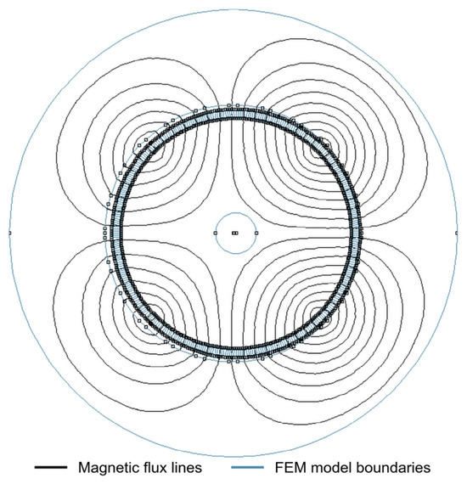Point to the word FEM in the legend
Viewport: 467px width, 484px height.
tap(290, 468)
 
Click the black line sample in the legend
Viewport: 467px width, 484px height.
tap(51, 467)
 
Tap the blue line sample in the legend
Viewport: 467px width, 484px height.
tap(248, 467)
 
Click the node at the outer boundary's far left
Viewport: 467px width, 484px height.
tap(9, 233)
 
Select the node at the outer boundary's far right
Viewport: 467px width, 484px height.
tap(457, 233)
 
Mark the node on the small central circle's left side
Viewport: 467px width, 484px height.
tap(216, 233)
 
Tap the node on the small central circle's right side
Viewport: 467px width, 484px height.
tap(256, 233)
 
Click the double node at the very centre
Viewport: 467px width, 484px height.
tap(235, 233)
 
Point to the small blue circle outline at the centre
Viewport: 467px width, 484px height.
tap(236, 212)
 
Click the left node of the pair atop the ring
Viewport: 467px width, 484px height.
tap(229, 106)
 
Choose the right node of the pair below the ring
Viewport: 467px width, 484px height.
tap(238, 362)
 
